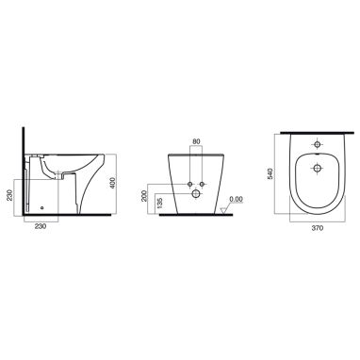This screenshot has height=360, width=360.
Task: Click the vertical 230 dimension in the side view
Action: (x=9, y=196)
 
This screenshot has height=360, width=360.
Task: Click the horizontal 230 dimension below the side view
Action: (x=41, y=226)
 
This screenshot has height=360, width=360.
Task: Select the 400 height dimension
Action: (x=113, y=183)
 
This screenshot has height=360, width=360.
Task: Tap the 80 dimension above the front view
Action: (x=196, y=141)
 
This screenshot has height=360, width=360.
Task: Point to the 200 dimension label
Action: (x=144, y=196)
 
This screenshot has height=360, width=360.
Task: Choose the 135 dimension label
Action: (x=160, y=204)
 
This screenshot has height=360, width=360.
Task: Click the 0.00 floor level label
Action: (x=236, y=199)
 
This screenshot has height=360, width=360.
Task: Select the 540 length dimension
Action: (x=270, y=173)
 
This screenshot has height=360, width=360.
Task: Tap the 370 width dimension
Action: (x=318, y=228)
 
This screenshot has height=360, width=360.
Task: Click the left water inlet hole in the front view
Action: (x=189, y=184)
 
